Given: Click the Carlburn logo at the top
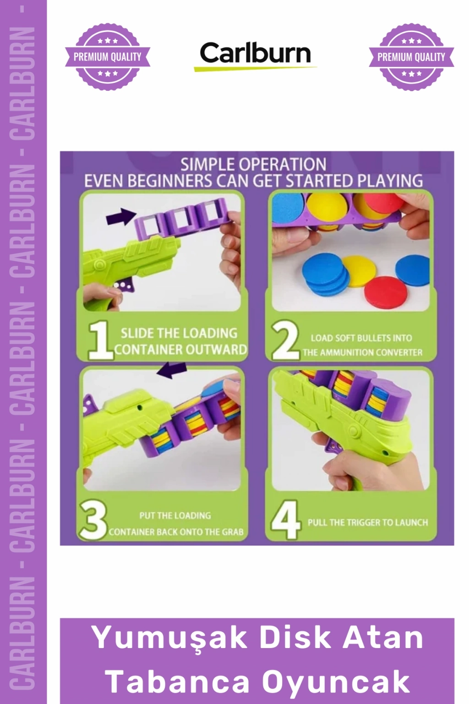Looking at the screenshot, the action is [x=255, y=55].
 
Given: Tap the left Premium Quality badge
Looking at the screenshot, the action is [x=108, y=57].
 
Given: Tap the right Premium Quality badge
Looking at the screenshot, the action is [x=411, y=57].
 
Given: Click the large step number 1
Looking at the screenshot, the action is [x=100, y=341].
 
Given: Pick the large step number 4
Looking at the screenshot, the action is [x=286, y=520].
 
